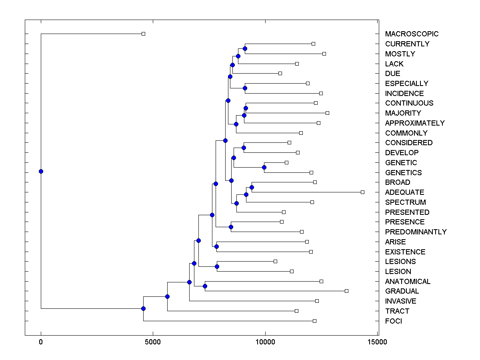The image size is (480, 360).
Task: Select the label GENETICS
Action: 403,173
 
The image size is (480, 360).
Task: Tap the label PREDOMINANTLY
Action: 416,232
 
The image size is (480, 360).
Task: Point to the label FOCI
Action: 393,321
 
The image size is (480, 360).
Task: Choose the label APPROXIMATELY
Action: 414,123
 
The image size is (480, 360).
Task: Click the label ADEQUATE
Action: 404,192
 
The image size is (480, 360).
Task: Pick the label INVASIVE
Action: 400,301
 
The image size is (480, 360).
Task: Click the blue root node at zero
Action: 41,171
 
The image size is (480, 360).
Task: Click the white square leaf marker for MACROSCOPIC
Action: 144,34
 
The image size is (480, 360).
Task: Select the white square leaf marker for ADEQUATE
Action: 362,192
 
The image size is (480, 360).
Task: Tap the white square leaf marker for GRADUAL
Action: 346,291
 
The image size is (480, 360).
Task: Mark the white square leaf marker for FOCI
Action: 314,321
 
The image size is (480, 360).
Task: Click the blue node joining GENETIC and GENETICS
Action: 264,167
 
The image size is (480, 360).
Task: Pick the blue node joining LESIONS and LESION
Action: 217,266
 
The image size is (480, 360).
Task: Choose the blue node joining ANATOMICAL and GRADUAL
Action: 205,286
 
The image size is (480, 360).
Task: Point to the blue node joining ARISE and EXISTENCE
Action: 216,246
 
